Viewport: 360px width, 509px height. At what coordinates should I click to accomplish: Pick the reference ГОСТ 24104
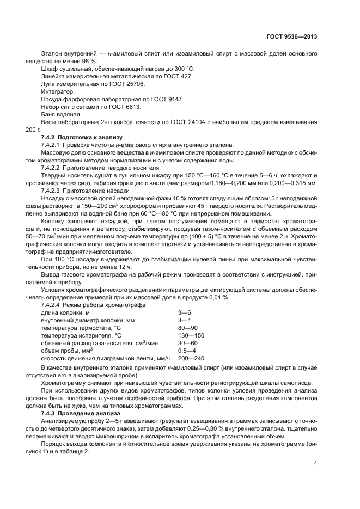point(191,122)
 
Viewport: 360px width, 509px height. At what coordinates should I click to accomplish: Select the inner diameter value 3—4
point(184,321)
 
